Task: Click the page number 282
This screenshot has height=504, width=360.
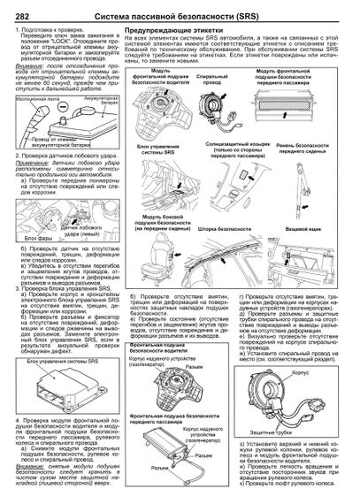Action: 14,7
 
